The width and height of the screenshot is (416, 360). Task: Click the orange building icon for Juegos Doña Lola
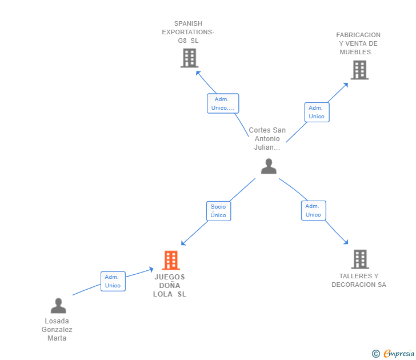click(x=171, y=260)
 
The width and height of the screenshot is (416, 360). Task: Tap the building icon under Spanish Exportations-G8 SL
click(x=190, y=58)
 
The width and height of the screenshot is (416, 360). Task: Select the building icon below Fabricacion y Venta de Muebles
click(x=359, y=70)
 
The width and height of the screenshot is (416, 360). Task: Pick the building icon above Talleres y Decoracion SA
click(x=360, y=259)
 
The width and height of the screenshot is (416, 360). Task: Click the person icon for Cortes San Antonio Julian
click(x=269, y=166)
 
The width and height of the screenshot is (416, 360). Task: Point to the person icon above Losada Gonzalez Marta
click(x=58, y=306)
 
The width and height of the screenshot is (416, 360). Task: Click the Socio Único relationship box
click(x=219, y=211)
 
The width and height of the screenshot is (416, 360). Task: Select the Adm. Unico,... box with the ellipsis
click(x=223, y=103)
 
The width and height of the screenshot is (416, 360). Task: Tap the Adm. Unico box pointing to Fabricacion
click(x=317, y=112)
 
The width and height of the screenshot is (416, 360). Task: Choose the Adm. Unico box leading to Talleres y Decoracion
click(x=313, y=210)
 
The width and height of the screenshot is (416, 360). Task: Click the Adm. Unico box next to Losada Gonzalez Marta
click(x=113, y=281)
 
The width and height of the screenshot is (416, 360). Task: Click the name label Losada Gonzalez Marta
click(x=57, y=330)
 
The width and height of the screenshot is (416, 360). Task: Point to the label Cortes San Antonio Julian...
click(x=267, y=138)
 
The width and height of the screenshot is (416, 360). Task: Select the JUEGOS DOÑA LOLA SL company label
click(x=170, y=286)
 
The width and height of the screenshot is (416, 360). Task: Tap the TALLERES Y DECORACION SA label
click(x=359, y=280)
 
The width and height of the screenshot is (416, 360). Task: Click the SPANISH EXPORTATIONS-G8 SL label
click(x=188, y=32)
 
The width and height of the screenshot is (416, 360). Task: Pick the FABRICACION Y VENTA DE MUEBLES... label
click(x=358, y=43)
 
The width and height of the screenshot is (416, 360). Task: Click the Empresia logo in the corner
click(x=393, y=353)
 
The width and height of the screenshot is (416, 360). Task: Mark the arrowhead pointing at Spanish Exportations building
click(x=198, y=73)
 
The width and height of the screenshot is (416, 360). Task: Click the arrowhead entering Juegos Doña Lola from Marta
click(x=151, y=270)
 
